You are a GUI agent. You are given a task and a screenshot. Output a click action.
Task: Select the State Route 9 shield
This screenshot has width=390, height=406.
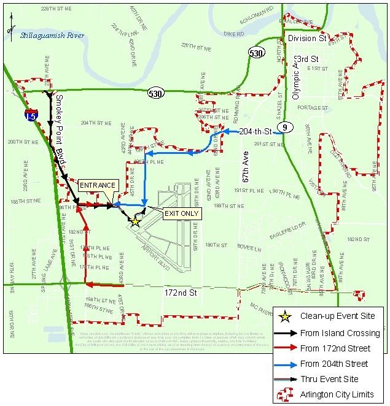(x=283, y=127)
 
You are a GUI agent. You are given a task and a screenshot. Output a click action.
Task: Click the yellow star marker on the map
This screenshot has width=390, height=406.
(x=135, y=223)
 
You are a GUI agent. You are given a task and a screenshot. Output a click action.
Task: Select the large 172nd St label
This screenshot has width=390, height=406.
(x=181, y=293)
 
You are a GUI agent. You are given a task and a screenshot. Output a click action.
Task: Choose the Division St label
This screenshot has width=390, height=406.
(x=307, y=38)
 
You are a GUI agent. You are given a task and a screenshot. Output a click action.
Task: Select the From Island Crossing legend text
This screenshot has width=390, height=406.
(x=335, y=332)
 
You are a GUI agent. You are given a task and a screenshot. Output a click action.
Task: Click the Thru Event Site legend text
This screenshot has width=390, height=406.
(x=330, y=378)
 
